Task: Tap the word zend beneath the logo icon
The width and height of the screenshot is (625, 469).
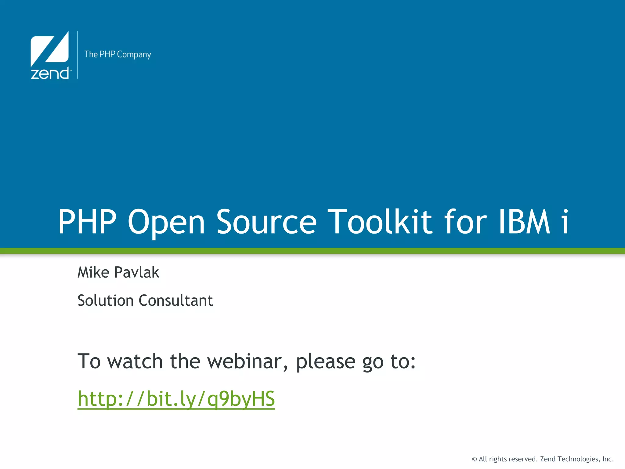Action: (50, 74)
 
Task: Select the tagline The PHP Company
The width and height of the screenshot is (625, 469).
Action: (117, 54)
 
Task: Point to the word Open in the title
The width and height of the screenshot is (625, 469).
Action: (166, 222)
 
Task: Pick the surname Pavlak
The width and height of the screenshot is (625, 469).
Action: (137, 272)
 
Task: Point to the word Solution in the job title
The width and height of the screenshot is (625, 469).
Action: (106, 300)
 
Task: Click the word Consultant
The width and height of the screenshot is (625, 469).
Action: (176, 300)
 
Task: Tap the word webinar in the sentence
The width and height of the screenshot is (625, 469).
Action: (247, 362)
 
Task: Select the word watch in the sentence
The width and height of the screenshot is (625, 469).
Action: (135, 362)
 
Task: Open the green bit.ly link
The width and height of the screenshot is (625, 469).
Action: (176, 399)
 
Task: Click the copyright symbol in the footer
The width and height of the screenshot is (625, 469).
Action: (474, 459)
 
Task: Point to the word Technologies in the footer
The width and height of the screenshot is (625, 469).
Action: (578, 459)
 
